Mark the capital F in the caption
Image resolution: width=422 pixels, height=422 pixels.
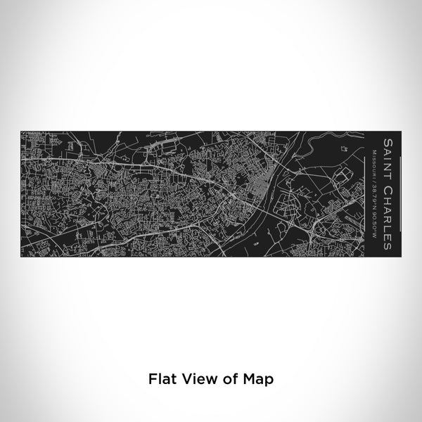coord(152,378)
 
